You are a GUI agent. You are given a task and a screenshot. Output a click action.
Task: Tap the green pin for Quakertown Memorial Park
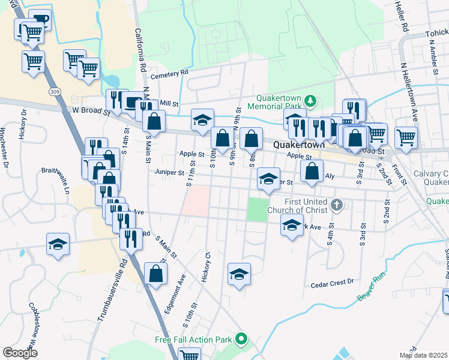310,100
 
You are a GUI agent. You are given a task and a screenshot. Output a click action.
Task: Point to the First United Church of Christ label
298,206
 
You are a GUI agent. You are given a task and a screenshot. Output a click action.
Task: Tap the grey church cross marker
337,206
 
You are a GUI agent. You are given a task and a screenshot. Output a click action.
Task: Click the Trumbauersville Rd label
110,288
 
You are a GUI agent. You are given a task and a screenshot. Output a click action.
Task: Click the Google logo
21,352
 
